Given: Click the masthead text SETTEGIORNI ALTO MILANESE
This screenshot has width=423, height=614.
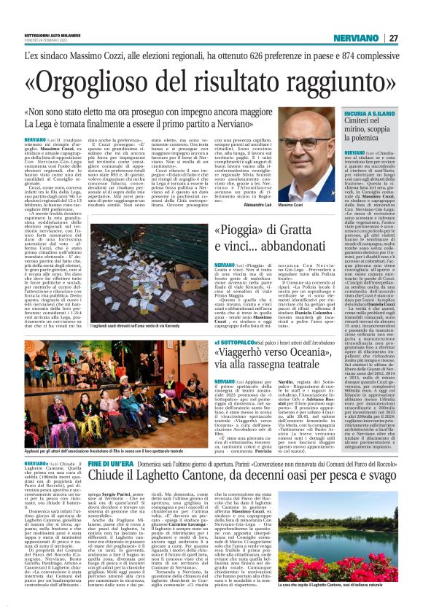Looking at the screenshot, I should (x=55, y=35).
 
